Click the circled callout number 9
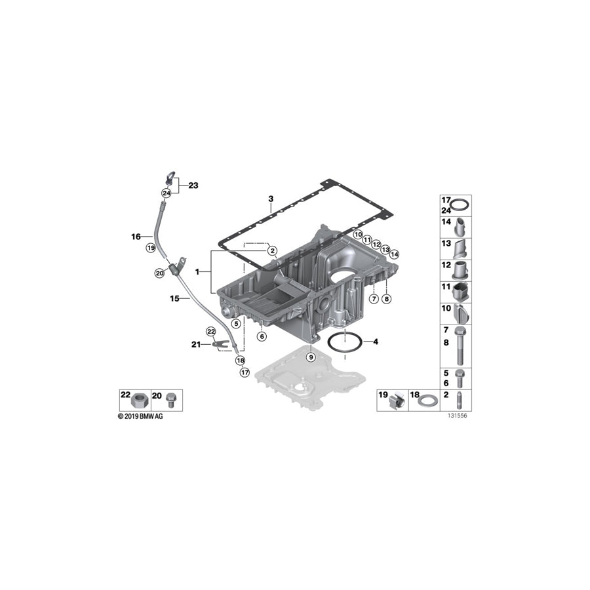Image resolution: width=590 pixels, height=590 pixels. (311, 357)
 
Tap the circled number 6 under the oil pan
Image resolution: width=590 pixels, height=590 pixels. (262, 336)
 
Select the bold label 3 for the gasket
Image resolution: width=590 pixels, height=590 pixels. (270, 199)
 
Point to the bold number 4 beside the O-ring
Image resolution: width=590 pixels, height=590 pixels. (375, 342)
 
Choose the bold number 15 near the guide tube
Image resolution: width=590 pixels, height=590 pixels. (175, 298)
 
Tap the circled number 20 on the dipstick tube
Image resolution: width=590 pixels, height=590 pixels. (159, 273)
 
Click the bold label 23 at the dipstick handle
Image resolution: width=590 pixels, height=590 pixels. (193, 186)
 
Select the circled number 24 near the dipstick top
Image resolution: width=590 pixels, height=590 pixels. (167, 193)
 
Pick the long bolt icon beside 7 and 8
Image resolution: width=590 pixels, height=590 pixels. (463, 345)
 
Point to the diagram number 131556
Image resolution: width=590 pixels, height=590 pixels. (458, 416)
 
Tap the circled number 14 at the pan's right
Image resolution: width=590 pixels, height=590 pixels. (395, 254)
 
